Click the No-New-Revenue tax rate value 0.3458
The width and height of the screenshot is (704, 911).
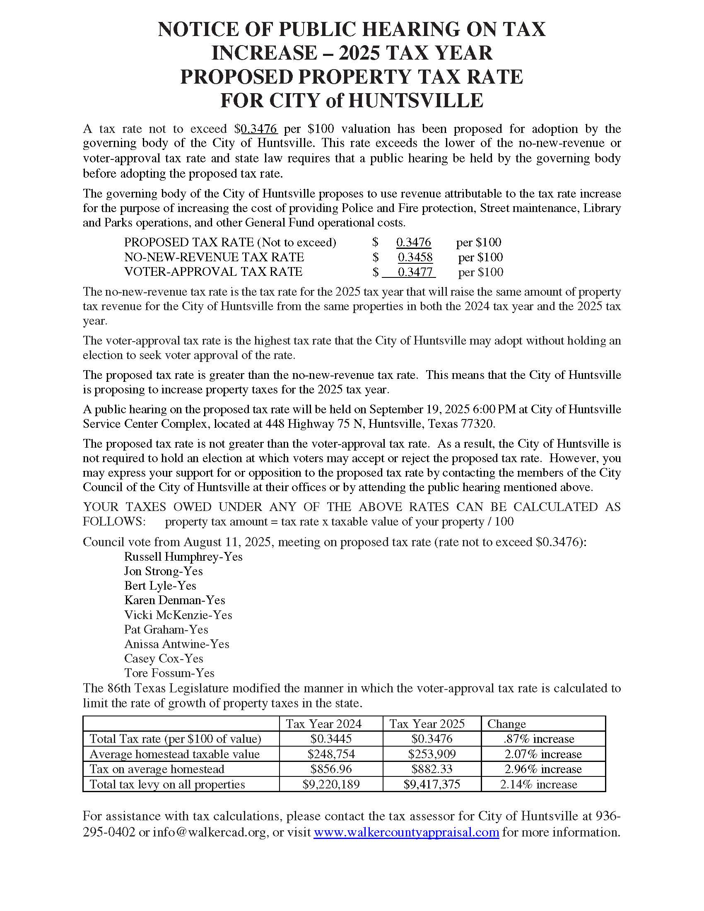point(415,257)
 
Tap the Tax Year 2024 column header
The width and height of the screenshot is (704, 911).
point(323,724)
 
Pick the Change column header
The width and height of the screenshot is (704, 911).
point(506,724)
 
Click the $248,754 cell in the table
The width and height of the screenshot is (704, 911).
point(331,754)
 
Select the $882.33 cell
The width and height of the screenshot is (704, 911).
point(432,769)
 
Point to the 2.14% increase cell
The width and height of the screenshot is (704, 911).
point(538,784)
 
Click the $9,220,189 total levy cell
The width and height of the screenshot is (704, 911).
point(331,784)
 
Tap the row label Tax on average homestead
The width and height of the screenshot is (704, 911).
point(157,769)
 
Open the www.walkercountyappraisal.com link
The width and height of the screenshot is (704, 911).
point(406,832)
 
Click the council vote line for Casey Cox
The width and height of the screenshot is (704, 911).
point(164,658)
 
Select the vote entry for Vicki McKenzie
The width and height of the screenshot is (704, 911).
point(178,615)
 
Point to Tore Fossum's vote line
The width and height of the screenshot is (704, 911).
point(169,673)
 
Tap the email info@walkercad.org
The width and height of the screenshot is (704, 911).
point(210,832)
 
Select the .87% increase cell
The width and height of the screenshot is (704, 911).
point(538,739)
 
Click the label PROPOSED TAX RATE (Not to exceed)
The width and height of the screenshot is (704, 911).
point(230,242)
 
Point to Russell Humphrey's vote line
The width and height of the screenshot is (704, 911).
point(183,557)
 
